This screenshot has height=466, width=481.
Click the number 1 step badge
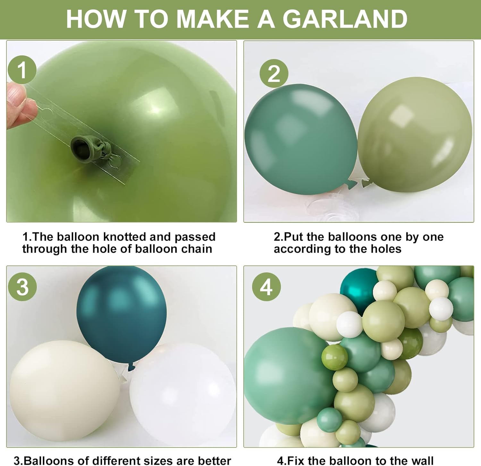[22, 70]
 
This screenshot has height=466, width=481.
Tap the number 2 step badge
[274, 73]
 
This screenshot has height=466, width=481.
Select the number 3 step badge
[22, 287]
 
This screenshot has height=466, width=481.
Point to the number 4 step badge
[266, 287]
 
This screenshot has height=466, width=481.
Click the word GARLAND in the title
[345, 19]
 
